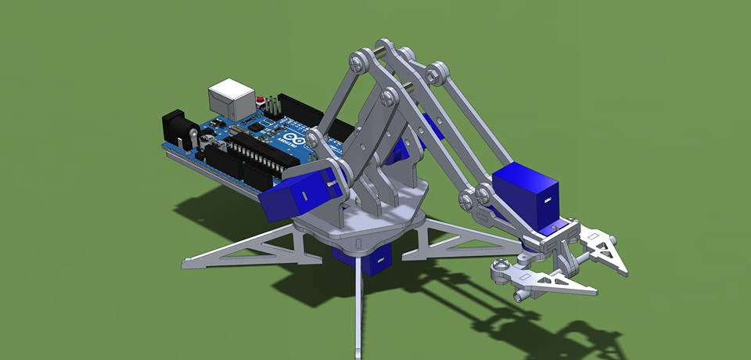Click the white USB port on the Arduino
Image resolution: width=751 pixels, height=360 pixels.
(x=231, y=98)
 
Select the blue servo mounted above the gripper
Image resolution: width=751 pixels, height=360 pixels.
(x=526, y=192)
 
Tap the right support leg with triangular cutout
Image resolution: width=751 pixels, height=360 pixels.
(x=462, y=239)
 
